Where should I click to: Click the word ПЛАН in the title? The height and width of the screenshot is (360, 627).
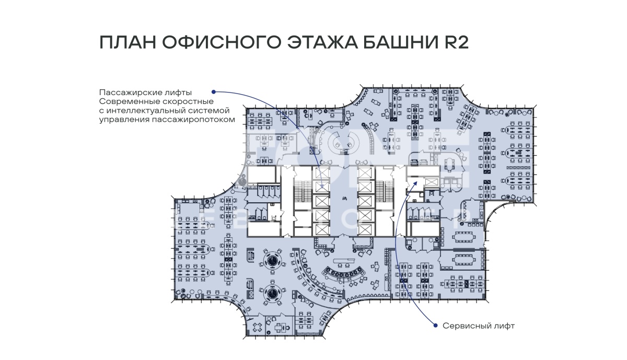(x=127, y=42)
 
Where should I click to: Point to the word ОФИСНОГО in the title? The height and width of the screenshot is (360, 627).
(x=221, y=42)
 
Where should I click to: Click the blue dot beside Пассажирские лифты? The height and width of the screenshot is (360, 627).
(x=213, y=92)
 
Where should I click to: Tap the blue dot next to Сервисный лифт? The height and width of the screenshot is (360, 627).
(x=435, y=326)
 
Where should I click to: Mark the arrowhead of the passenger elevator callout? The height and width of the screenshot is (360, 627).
(x=322, y=185)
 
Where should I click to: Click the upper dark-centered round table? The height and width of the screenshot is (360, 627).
(x=272, y=261)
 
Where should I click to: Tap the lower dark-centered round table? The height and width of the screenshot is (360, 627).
(x=272, y=294)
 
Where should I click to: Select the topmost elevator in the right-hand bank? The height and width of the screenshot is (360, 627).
(x=365, y=173)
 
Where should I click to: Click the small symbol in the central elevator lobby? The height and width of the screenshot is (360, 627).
(x=344, y=199)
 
